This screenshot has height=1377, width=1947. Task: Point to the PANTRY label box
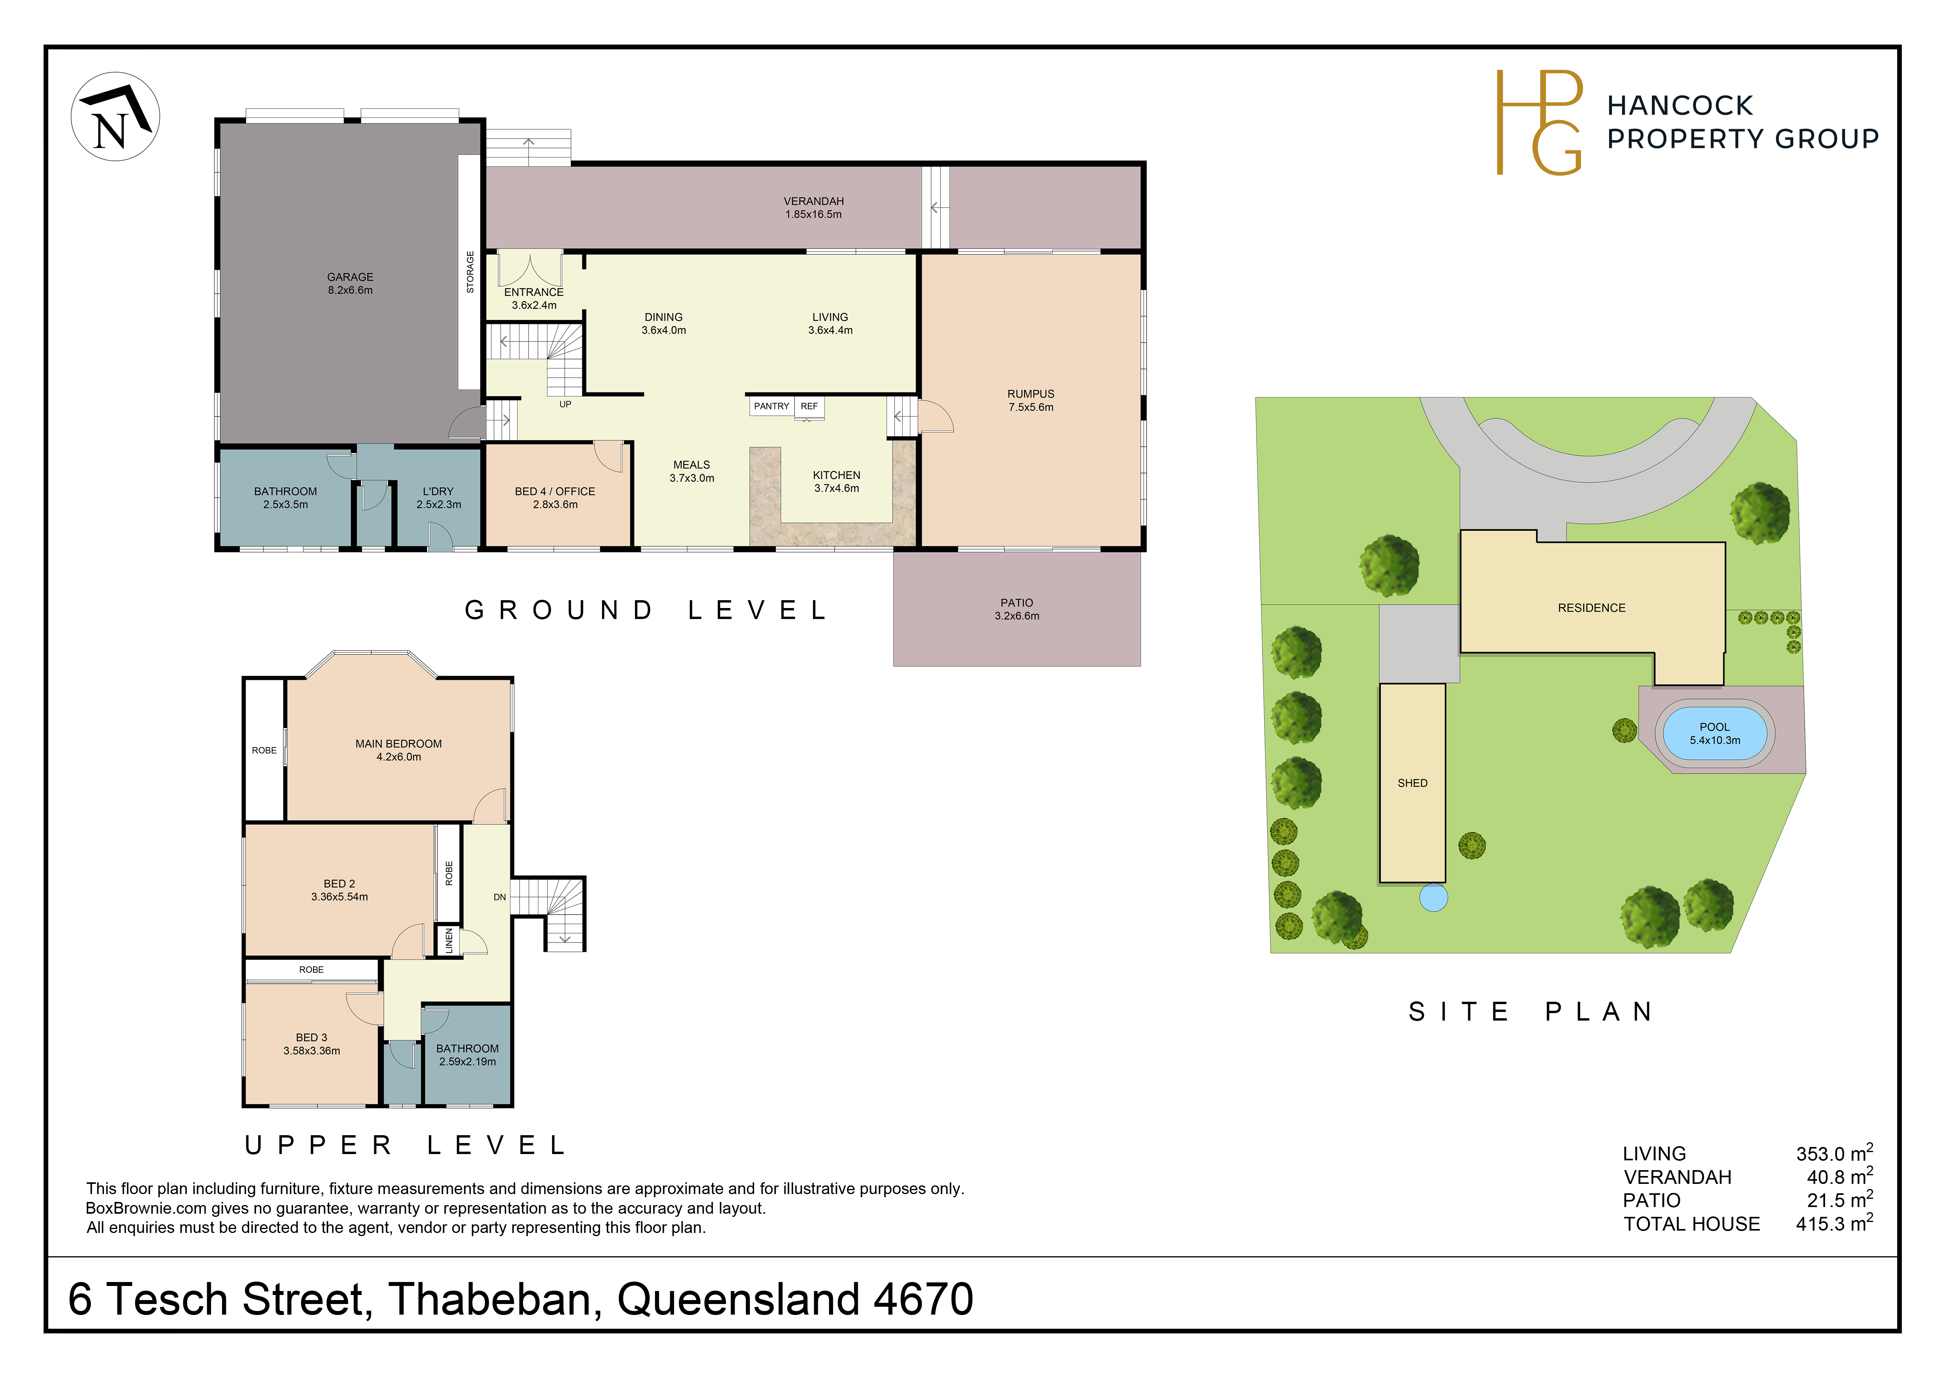[x=772, y=406]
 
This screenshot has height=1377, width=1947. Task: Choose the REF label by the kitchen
[x=809, y=406]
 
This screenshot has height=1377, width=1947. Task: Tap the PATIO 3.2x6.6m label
[x=1017, y=609]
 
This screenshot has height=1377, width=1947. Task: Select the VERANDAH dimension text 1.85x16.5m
[x=813, y=215]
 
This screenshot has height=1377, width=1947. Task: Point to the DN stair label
[x=500, y=897]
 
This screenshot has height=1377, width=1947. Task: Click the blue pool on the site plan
[x=1715, y=734]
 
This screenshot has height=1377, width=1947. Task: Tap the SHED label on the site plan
[x=1413, y=783]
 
